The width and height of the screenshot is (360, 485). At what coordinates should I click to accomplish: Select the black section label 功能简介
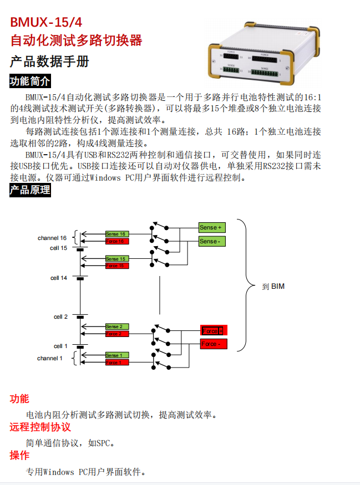pos(30,81)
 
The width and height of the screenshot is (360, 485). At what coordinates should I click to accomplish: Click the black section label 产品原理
pos(30,191)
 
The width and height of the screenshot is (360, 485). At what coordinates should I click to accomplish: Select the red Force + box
pos(214,330)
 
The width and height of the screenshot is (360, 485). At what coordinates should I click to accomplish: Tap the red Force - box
pos(214,344)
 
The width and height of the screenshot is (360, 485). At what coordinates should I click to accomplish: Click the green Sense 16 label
pos(117,234)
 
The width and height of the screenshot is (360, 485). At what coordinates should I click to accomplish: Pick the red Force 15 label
pos(117,266)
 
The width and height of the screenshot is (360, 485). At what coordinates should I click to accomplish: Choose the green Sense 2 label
pos(117,326)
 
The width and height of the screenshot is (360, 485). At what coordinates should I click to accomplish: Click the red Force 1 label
pos(117,362)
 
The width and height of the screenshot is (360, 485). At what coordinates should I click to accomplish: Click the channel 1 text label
pos(50,358)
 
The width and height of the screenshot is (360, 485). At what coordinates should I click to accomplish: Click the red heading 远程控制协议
pos(40,427)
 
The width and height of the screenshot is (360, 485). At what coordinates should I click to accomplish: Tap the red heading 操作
pos(19,456)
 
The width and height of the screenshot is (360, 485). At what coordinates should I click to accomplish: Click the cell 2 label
pos(60,316)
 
